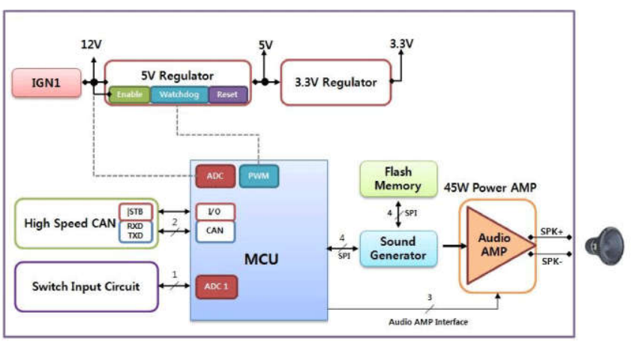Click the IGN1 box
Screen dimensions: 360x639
[46, 82]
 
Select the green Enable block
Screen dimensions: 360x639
[130, 94]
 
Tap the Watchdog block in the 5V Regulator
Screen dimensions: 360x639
[178, 94]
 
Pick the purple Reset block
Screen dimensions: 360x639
[227, 94]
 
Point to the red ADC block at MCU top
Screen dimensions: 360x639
[215, 176]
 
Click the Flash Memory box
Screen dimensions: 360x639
[398, 178]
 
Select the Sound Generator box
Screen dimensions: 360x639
[397, 249]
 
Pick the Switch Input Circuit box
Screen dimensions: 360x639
[86, 286]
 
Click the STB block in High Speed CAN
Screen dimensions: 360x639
[136, 211]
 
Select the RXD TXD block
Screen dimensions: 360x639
[136, 231]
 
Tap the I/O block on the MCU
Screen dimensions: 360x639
[215, 211]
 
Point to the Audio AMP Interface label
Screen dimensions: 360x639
[428, 322]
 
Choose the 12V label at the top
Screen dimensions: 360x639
[91, 44]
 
